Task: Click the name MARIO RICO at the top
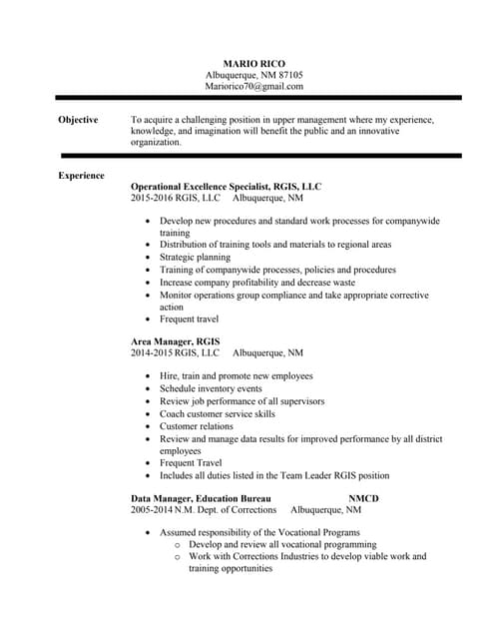point(253,63)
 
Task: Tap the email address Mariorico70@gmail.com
point(253,87)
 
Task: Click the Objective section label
point(78,120)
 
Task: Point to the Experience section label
point(81,176)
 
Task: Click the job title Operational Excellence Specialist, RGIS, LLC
point(227,187)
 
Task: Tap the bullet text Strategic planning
point(195,257)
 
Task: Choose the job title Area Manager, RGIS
point(176,341)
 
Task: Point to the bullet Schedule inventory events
point(211,388)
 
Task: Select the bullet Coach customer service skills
point(218,413)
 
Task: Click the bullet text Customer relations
point(197,426)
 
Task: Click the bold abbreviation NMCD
point(363,497)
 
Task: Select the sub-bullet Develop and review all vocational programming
point(282,545)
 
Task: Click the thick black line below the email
point(257,98)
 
